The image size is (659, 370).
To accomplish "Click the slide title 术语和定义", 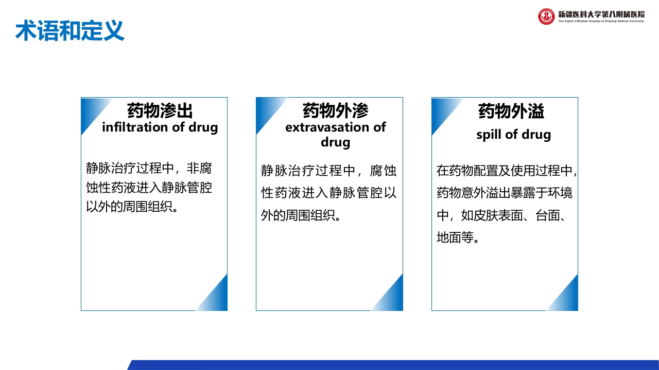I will pyautogui.click(x=70, y=31).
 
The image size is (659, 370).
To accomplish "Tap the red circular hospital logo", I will pyautogui.click(x=546, y=16).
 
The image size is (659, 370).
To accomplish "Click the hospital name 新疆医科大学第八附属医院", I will pyautogui.click(x=601, y=14).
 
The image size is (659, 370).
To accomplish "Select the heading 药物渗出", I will pyautogui.click(x=160, y=110).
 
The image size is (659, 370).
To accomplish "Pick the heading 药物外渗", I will pyautogui.click(x=335, y=110).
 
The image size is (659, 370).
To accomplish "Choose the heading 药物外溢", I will pyautogui.click(x=511, y=111).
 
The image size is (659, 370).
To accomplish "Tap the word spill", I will pyautogui.click(x=489, y=135).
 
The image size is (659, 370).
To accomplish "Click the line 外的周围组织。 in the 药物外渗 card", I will pyautogui.click(x=302, y=215).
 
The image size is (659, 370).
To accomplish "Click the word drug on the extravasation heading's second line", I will pyautogui.click(x=335, y=141).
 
